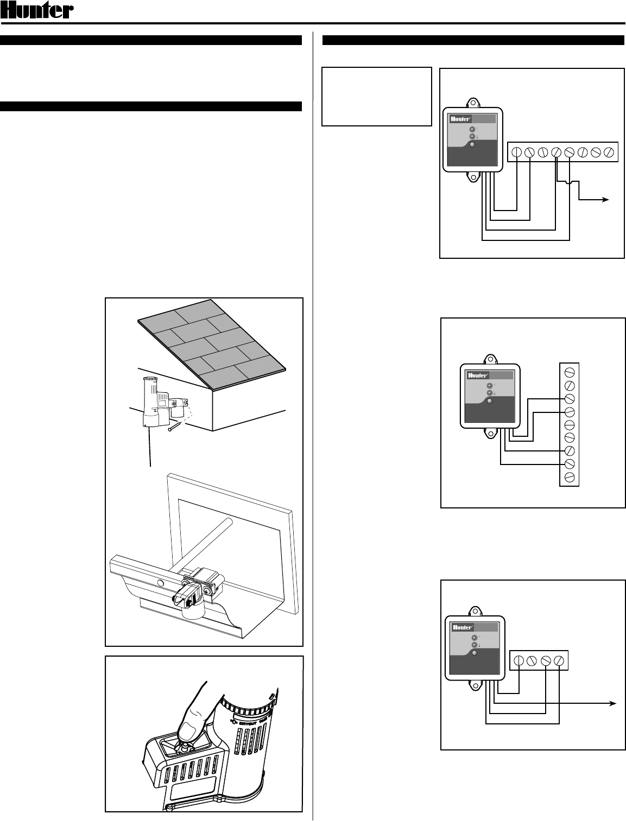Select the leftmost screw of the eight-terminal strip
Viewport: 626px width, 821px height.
(x=516, y=152)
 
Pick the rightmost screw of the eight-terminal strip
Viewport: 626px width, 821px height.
(x=609, y=152)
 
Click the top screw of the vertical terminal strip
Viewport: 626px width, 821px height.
(x=570, y=372)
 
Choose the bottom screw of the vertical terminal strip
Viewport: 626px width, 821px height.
(x=570, y=477)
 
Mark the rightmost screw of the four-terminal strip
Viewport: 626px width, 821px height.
(x=559, y=660)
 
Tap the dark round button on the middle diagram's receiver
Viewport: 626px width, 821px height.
(x=490, y=401)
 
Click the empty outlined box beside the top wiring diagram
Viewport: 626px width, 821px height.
(x=376, y=96)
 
